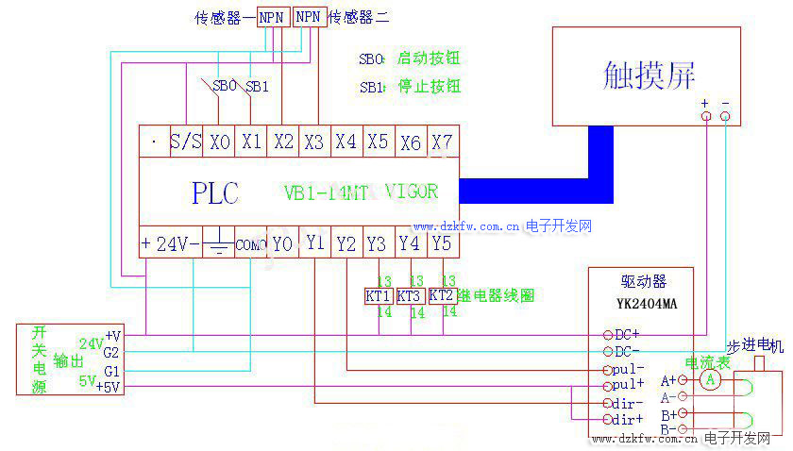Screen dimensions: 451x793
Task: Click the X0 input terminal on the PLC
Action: [219, 142]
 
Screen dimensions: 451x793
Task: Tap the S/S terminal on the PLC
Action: [185, 142]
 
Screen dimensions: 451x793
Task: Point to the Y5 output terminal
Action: [442, 243]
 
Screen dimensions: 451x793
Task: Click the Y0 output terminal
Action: [282, 243]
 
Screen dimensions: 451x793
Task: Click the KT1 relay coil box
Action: [379, 295]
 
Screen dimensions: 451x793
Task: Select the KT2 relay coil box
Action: [442, 295]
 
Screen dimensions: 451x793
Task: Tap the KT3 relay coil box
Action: [410, 295]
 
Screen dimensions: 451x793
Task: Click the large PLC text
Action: [215, 193]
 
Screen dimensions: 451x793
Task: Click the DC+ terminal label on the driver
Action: [626, 335]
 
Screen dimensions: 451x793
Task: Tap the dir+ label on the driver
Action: [626, 419]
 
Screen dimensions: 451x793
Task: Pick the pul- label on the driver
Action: [626, 369]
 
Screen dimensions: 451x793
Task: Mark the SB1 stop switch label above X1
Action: [257, 86]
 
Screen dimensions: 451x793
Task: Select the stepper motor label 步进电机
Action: [754, 347]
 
